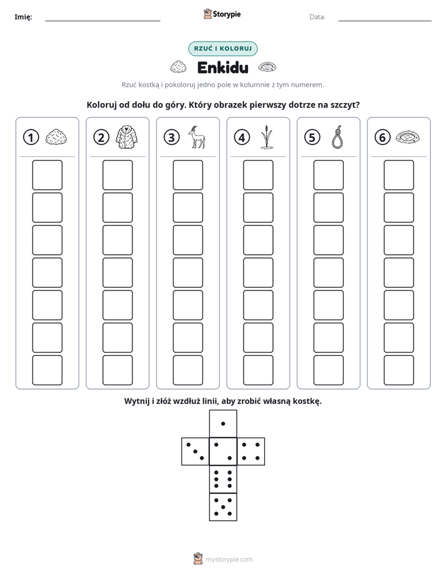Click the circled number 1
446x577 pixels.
31,137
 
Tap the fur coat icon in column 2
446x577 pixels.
127,137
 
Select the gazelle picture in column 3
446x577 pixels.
197,137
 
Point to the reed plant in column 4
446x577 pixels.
267,137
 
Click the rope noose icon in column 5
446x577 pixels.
337,137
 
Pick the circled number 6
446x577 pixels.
382,137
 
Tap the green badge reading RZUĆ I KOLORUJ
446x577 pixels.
223,49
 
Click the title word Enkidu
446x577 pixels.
223,67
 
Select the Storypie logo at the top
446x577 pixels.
222,14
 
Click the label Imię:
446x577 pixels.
23,17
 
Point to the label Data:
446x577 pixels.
317,17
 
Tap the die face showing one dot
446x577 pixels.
223,423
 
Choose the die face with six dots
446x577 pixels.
223,479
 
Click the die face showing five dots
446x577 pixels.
223,506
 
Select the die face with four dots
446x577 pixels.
251,451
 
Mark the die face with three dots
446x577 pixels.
196,451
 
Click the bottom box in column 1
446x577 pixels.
47,370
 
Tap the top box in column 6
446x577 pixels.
399,175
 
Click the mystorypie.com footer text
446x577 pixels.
229,560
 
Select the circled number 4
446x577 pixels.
242,137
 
